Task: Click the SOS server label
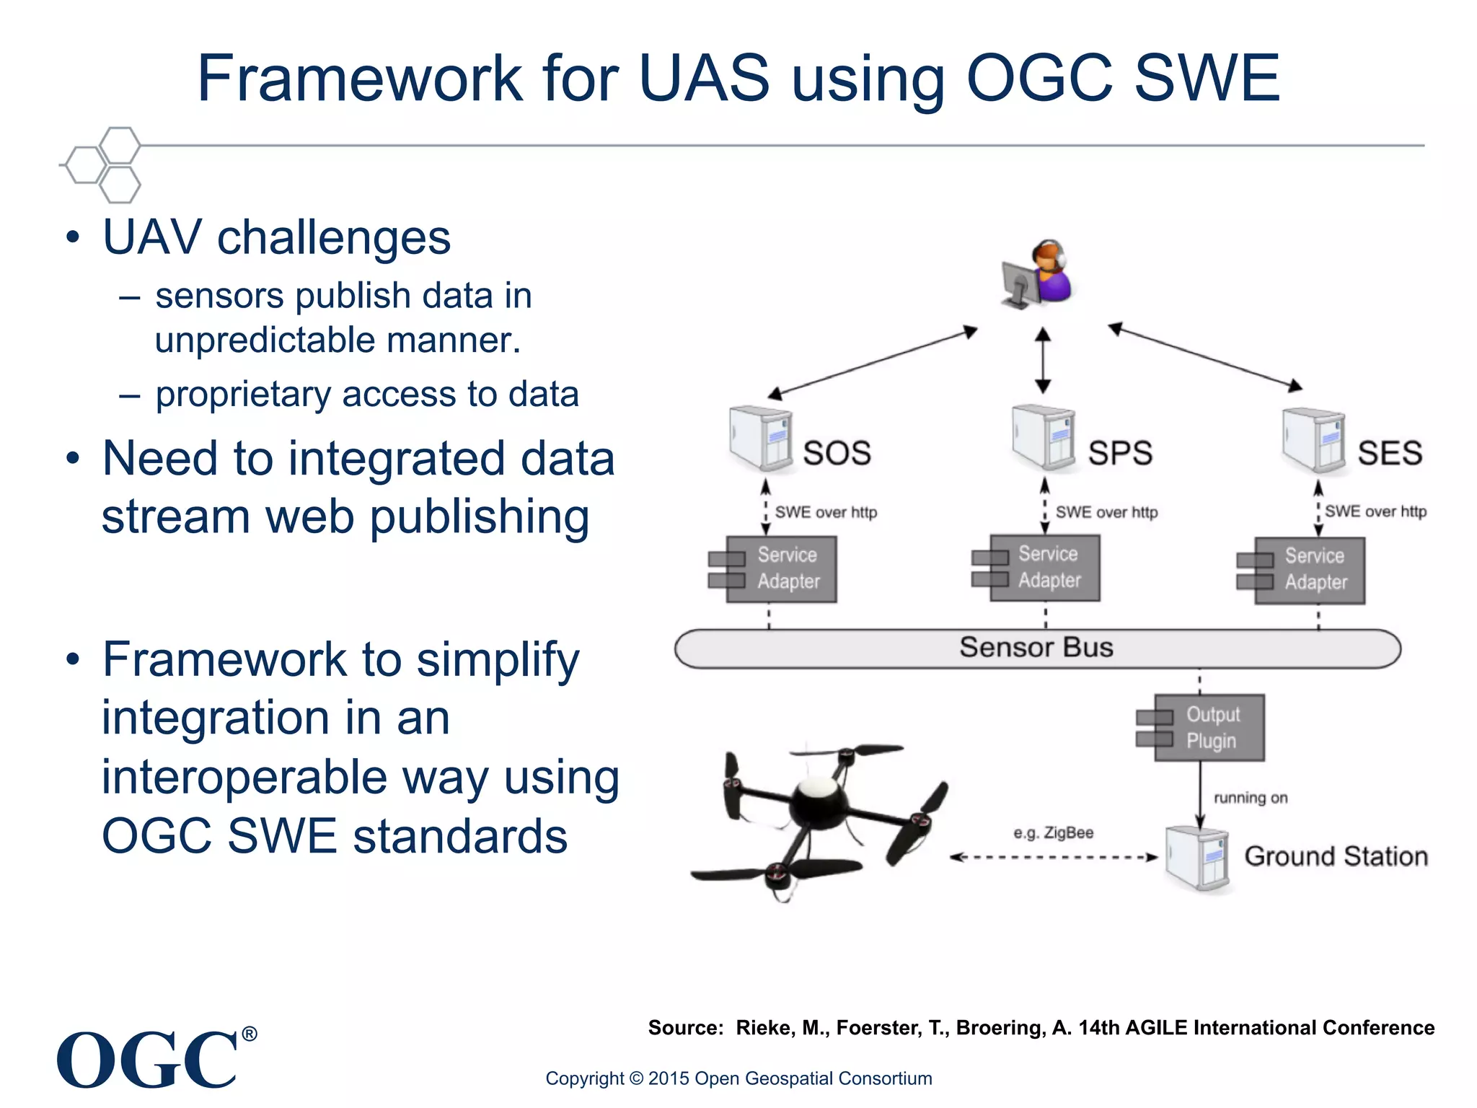pos(837,453)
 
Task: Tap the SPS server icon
pos(1043,437)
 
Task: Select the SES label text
pos(1390,453)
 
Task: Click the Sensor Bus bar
pos(1036,648)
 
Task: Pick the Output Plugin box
pos(1209,727)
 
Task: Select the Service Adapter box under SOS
pos(780,568)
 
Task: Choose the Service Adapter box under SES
pos(1309,570)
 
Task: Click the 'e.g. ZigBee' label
pos(1053,832)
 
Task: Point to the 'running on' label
pos(1251,798)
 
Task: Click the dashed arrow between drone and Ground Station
pos(1054,857)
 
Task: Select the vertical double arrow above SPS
pos(1043,360)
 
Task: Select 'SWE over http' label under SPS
pos(1106,512)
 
